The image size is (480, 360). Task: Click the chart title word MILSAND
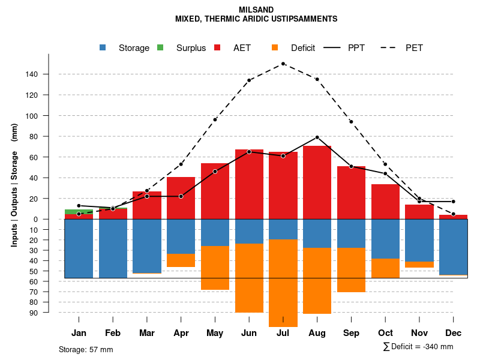coord(256,10)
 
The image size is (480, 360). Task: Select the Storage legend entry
coord(134,48)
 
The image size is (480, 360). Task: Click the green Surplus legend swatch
coord(160,47)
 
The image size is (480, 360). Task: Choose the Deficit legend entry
coord(303,48)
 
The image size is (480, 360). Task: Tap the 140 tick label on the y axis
coord(48,74)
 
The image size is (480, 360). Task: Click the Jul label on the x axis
coord(283,333)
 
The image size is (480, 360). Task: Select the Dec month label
coord(453,333)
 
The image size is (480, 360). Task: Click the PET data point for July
coord(283,64)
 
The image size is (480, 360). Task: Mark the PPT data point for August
coord(317,137)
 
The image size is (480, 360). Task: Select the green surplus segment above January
coord(79,212)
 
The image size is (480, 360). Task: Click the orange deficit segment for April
coord(181,260)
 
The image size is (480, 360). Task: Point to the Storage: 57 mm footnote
coord(86,349)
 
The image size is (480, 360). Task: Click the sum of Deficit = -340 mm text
coord(418,347)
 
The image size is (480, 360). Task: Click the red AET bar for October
coord(385,202)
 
